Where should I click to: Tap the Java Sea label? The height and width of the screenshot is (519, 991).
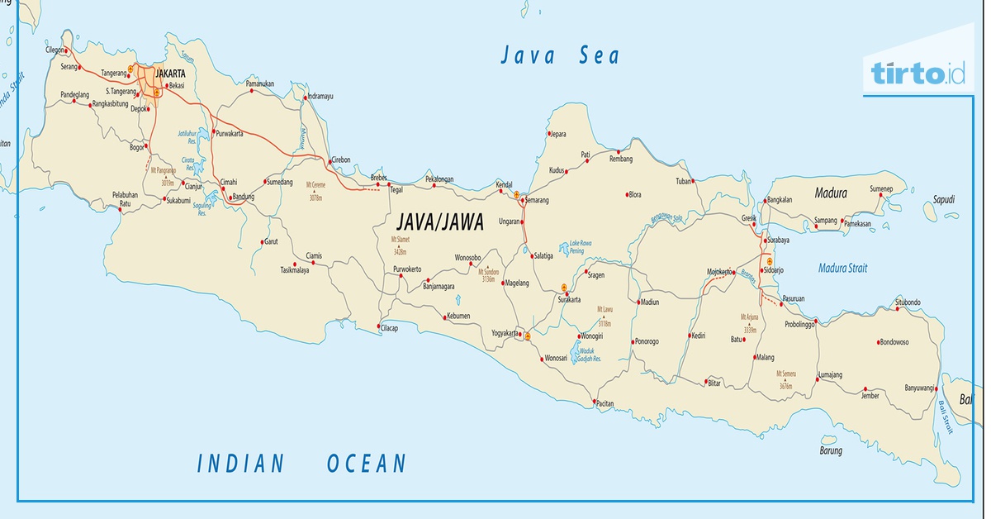(x=559, y=55)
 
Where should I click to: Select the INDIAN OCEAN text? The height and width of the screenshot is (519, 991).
(x=302, y=464)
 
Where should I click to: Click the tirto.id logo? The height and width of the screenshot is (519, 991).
(x=918, y=74)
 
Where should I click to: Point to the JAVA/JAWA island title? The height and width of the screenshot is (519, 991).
(x=439, y=222)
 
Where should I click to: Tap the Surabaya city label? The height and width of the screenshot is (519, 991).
(x=779, y=240)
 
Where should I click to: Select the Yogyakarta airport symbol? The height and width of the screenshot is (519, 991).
(x=526, y=335)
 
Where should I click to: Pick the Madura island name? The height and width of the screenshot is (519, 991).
(x=830, y=193)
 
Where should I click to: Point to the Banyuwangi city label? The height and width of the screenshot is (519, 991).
(x=919, y=388)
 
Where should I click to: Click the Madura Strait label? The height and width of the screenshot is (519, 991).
(x=842, y=268)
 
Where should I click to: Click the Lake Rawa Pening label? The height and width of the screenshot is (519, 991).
(x=581, y=247)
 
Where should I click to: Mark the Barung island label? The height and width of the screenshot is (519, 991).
(x=831, y=450)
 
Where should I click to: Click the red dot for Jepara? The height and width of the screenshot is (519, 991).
(x=548, y=132)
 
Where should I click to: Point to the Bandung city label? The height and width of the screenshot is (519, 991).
(x=244, y=197)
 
